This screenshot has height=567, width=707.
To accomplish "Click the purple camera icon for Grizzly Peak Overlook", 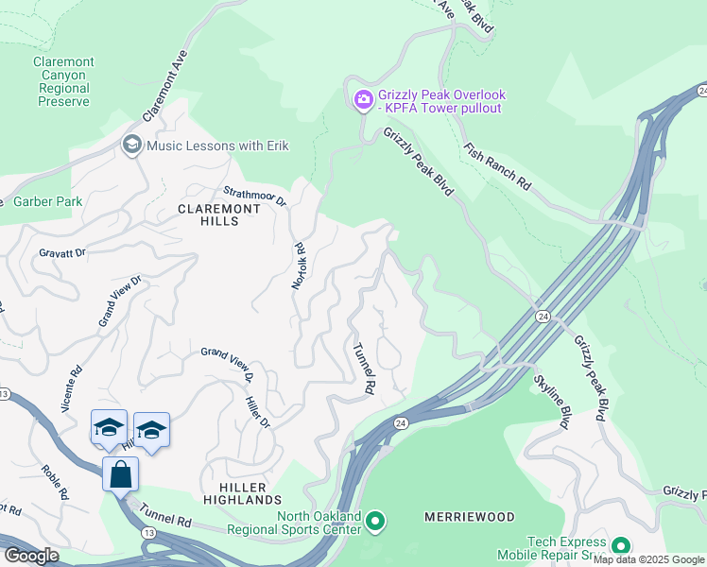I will point(363,99).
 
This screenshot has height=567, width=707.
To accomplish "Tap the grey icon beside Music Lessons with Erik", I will point(131,145).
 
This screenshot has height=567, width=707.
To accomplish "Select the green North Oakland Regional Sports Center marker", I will point(375,521).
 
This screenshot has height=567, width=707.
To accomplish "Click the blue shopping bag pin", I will point(121,473).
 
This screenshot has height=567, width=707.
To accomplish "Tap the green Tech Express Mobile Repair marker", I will point(621,546).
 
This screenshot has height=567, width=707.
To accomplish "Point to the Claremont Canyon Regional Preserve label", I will point(64,81).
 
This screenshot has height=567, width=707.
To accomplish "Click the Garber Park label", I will point(47,201).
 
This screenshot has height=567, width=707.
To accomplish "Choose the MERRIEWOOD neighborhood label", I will point(470,517).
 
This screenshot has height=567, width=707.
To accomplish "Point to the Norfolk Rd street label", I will point(300,266).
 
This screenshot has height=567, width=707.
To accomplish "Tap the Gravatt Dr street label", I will point(62,252).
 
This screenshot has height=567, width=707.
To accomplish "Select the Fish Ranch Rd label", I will point(497,167).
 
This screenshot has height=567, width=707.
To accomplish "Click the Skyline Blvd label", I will point(552,403).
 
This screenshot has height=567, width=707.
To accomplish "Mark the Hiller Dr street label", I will point(259,412).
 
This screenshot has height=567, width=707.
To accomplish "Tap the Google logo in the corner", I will point(31,555).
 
